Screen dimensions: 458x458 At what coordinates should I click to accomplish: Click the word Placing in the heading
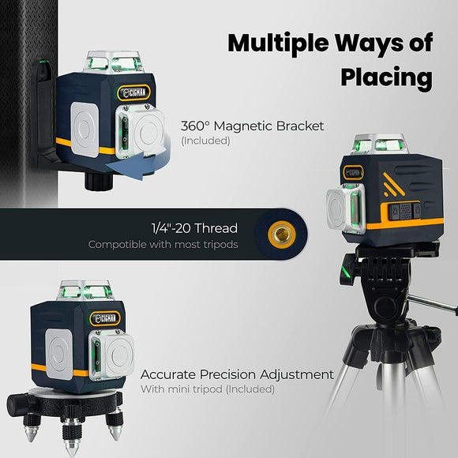(386, 77)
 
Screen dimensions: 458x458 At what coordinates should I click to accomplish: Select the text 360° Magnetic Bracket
(252, 126)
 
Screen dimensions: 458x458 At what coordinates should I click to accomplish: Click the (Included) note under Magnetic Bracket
(205, 141)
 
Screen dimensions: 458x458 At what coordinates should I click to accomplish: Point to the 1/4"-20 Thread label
(194, 229)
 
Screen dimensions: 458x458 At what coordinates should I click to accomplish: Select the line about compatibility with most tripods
(163, 245)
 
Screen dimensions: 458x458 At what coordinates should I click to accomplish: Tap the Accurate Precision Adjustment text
(237, 374)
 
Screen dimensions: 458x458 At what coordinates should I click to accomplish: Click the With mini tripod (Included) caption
(207, 389)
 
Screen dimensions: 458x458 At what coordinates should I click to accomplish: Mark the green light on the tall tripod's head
(345, 273)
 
